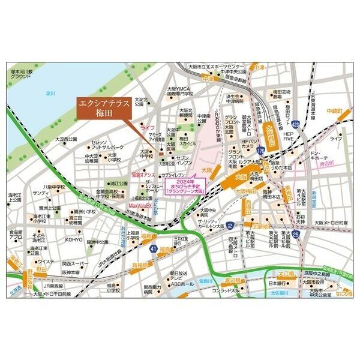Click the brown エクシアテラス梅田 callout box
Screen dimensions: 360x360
(103, 110)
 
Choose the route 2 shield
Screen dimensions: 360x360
(230, 226)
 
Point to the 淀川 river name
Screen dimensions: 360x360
(50, 94)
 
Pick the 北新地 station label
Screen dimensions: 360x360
(262, 226)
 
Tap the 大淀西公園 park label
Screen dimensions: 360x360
(67, 139)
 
